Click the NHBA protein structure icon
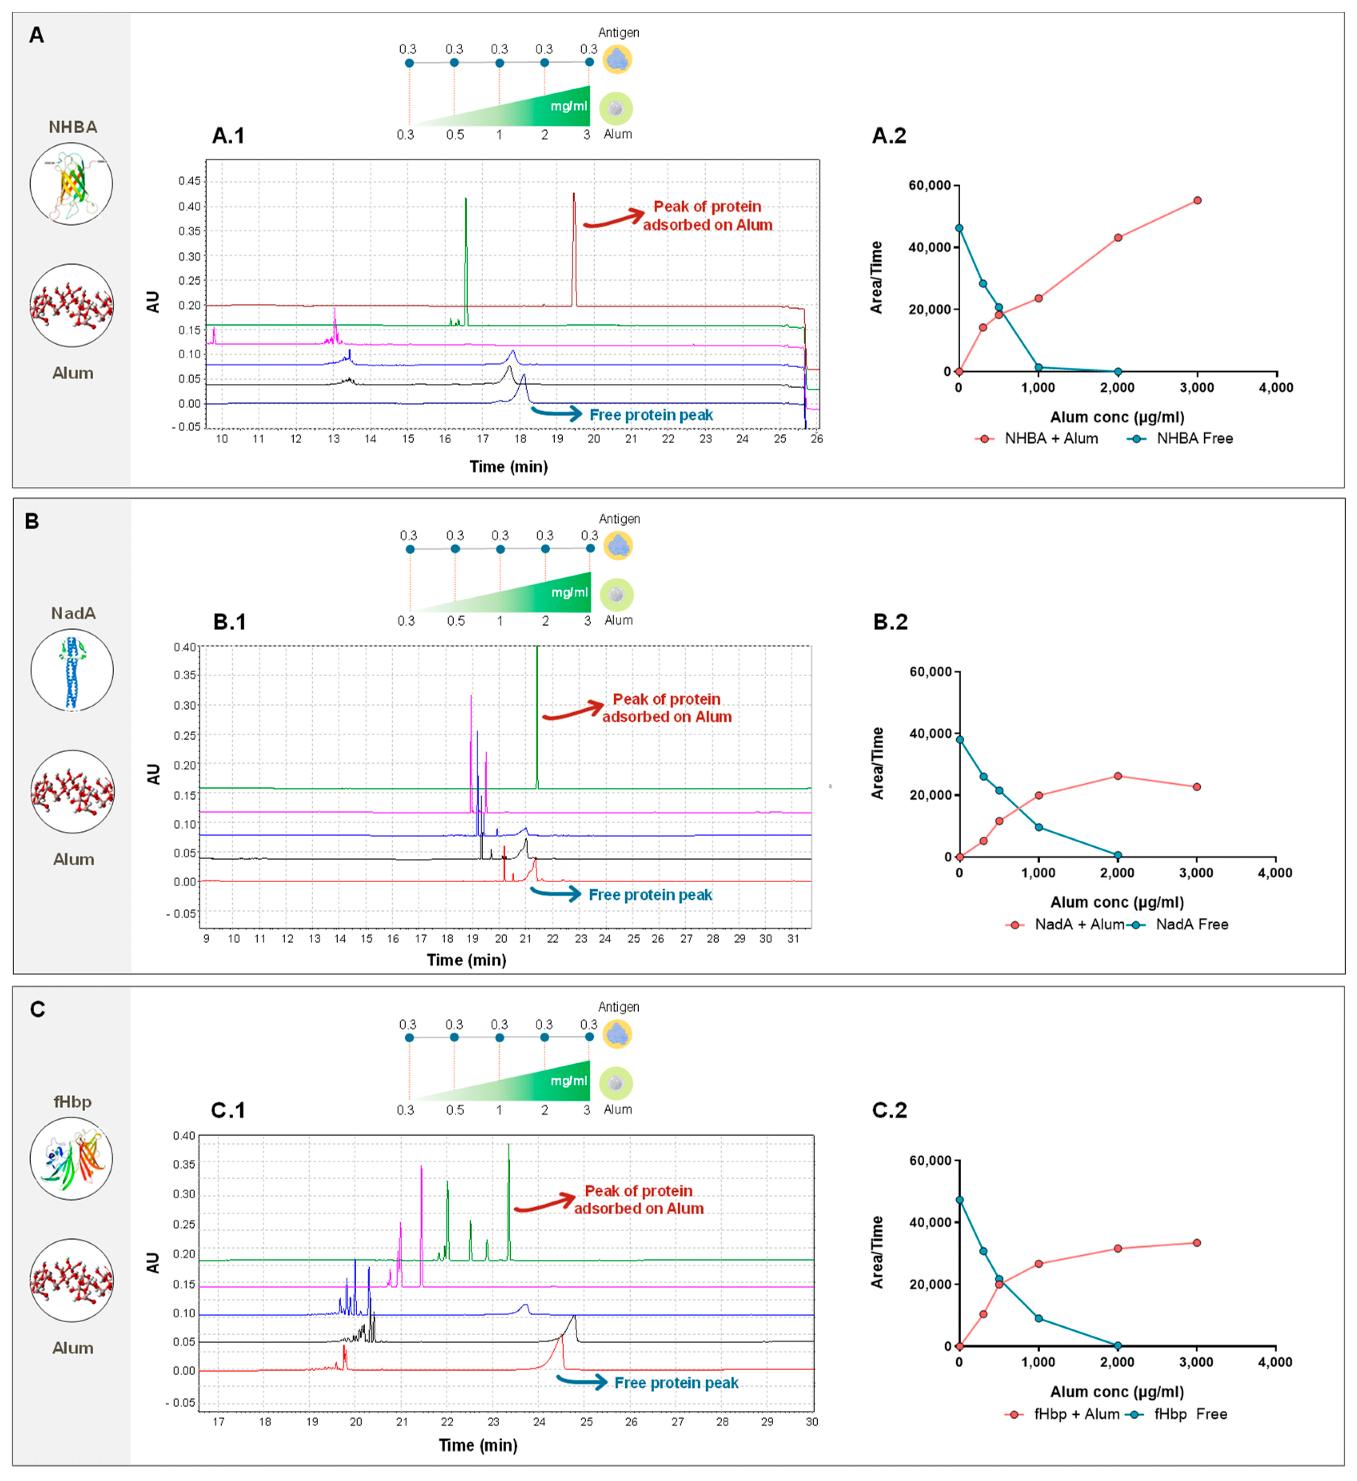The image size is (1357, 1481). pos(71,184)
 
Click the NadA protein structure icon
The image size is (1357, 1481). pos(72,670)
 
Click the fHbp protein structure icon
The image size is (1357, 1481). pos(71,1159)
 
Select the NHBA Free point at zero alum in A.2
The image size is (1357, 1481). pos(959,228)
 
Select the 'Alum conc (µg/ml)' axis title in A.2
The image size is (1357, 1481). pos(1117,417)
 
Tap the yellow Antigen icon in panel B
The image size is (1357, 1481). pos(618,546)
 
